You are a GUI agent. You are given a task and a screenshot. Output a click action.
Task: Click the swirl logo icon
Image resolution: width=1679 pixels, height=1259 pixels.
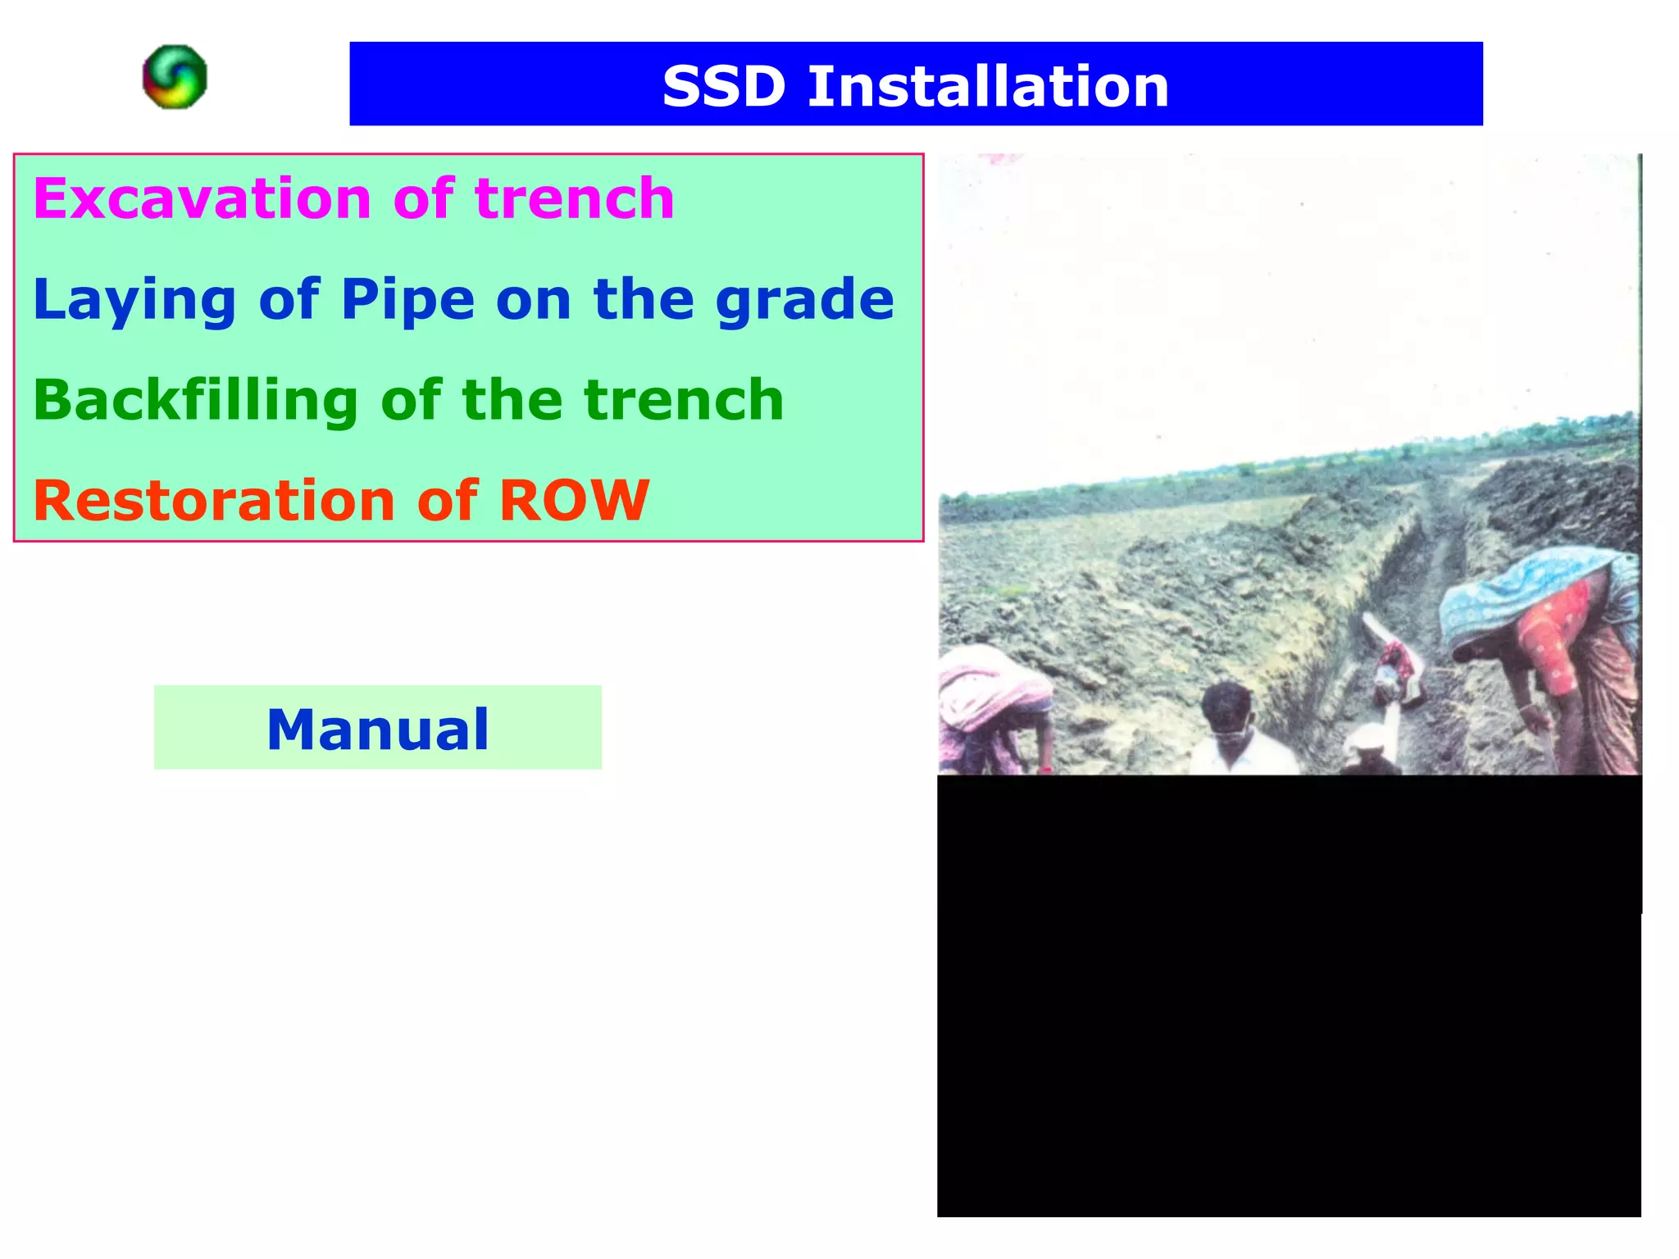[x=175, y=77]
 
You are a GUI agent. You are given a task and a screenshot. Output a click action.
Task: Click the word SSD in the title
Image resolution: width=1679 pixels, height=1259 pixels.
[x=723, y=86]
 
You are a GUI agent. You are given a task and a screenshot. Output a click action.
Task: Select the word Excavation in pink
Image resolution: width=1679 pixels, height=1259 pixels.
[x=202, y=198]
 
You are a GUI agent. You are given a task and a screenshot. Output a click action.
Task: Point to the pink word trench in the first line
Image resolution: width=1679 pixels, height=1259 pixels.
[x=574, y=198]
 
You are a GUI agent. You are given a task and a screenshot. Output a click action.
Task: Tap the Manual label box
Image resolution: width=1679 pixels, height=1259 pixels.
[x=378, y=728]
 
